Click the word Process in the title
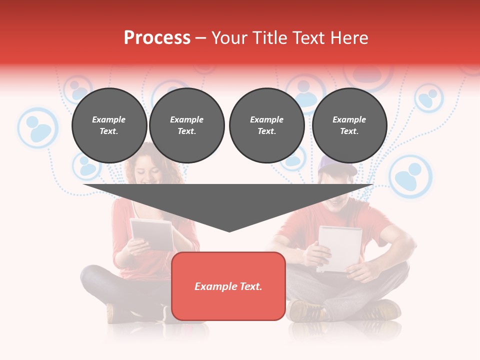(x=157, y=38)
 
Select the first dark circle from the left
(x=109, y=125)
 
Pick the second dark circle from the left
(x=186, y=125)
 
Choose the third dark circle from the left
(x=266, y=125)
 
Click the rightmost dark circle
(x=349, y=125)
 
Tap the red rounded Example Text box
(x=228, y=286)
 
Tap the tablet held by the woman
(x=151, y=234)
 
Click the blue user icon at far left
(x=38, y=127)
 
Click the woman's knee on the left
(x=92, y=277)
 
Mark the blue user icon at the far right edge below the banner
(x=428, y=97)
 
